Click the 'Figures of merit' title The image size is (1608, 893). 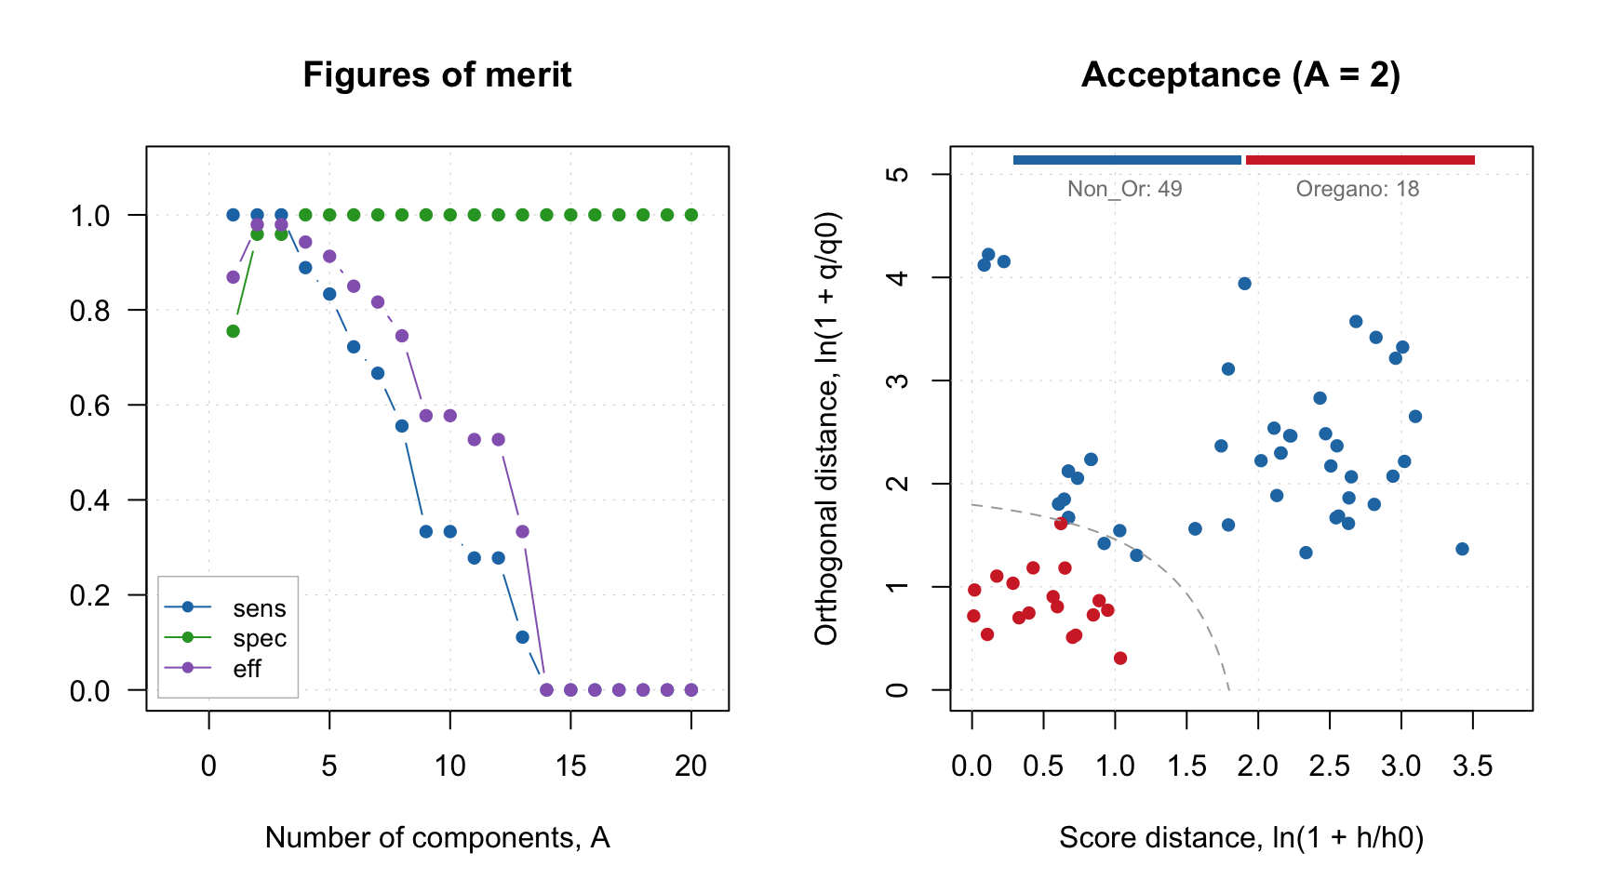(436, 75)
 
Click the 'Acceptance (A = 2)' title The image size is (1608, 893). (1240, 75)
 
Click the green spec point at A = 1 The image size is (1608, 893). (234, 331)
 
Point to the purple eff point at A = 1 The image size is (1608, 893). (234, 277)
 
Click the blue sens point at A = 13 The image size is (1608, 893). (522, 637)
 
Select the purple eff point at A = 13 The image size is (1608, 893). (522, 532)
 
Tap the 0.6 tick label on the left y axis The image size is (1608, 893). (89, 406)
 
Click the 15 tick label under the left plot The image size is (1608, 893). (570, 766)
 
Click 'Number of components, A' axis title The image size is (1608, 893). (437, 838)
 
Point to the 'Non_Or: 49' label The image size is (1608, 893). (1124, 190)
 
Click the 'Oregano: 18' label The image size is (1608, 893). (1358, 190)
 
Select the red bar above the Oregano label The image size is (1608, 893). (1360, 160)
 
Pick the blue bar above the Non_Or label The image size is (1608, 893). (1127, 160)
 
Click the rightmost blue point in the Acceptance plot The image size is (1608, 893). (1462, 549)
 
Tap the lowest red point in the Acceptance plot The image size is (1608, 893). (1120, 659)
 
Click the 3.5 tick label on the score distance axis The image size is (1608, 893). (1472, 766)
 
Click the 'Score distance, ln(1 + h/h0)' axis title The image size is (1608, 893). (1241, 838)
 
